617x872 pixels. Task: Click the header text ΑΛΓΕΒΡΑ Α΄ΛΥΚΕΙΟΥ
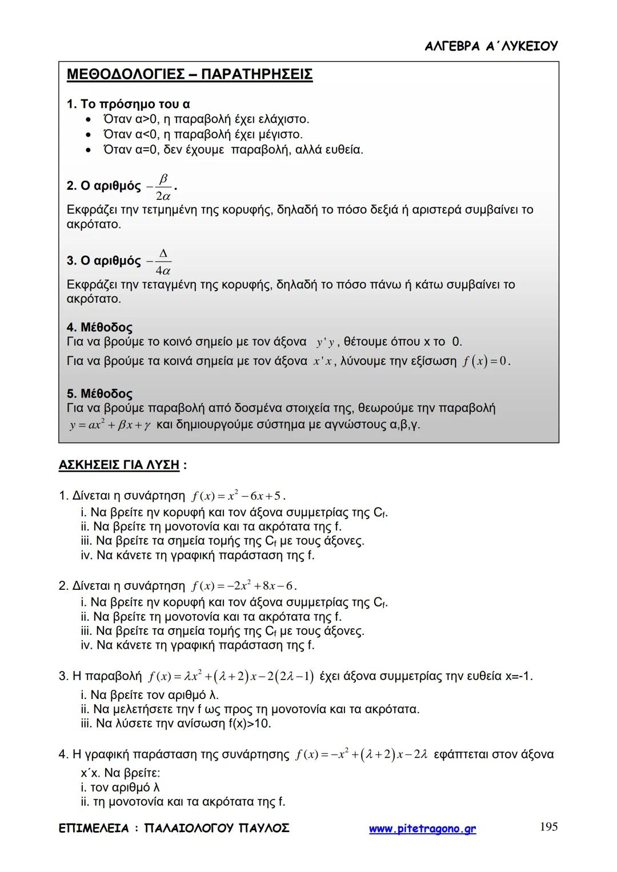[x=491, y=46]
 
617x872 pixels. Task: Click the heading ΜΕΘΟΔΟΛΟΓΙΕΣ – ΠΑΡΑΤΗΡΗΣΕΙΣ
[x=189, y=75]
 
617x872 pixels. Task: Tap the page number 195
[x=548, y=827]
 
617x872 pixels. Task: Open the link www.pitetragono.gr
[x=422, y=829]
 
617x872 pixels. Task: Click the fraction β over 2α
[x=162, y=187]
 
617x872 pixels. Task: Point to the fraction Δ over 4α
[x=162, y=262]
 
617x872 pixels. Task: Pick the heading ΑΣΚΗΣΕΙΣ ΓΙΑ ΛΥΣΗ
[x=119, y=465]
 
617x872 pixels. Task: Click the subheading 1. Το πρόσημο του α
[x=128, y=105]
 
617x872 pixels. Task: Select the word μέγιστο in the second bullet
[x=278, y=135]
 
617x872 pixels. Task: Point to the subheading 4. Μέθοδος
[x=99, y=328]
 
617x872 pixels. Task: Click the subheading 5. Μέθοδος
[x=99, y=394]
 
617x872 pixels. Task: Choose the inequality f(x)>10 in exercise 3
[x=250, y=724]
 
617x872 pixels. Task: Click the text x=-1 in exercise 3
[x=518, y=677]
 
